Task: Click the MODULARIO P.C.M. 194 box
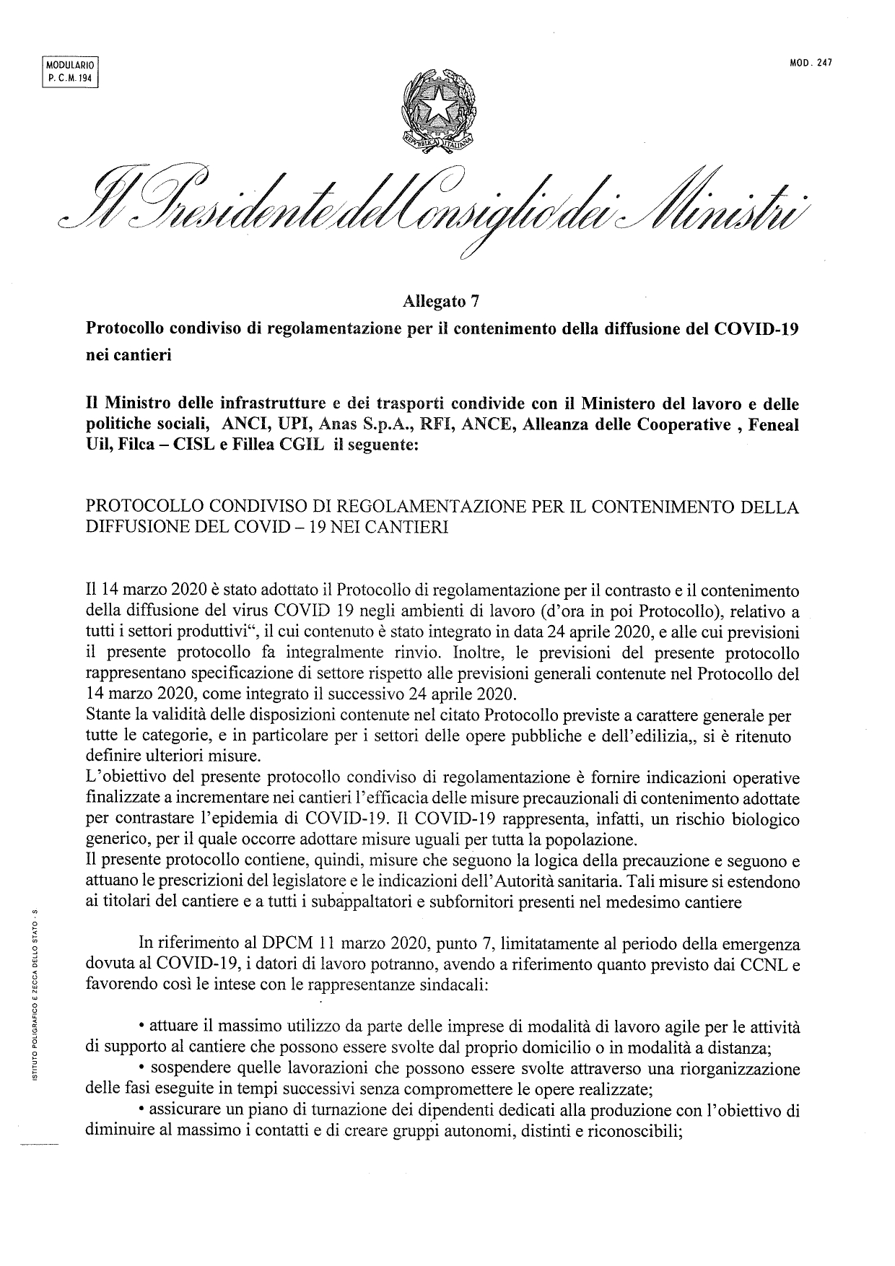point(70,71)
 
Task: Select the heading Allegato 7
point(440,302)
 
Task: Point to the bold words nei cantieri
point(128,356)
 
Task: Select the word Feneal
point(774,425)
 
